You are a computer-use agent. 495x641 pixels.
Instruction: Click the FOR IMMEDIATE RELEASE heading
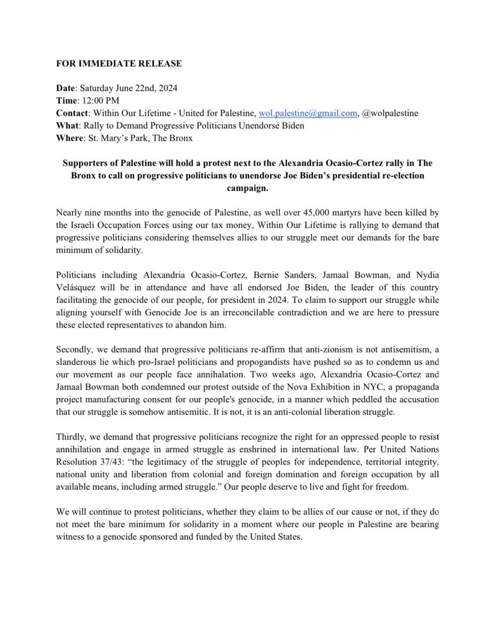(119, 64)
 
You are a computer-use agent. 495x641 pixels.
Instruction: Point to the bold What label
(67, 126)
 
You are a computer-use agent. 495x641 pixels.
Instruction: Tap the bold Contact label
(73, 113)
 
